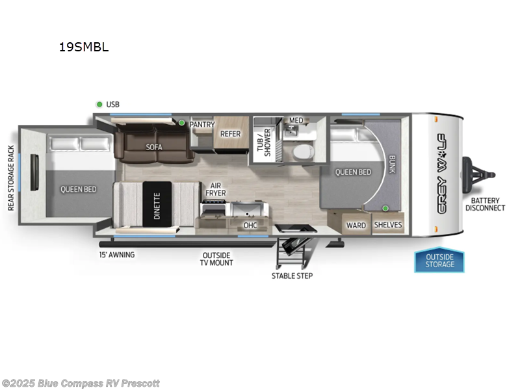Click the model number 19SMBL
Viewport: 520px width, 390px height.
point(83,47)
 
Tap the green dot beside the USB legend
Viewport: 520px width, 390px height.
point(99,104)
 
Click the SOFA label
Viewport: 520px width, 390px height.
point(154,147)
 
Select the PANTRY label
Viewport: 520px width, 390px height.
point(201,124)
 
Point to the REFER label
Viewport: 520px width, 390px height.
point(230,134)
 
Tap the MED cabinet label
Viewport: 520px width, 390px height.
point(296,120)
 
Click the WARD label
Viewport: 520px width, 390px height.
point(356,226)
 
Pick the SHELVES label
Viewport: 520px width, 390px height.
point(387,226)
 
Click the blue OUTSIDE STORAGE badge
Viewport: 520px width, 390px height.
point(440,261)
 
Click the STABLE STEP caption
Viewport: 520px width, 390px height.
point(292,276)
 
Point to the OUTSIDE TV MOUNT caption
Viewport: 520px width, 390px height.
point(217,258)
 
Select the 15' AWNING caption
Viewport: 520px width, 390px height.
point(117,254)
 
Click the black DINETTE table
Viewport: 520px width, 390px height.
point(157,205)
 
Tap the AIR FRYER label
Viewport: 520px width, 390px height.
point(216,188)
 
